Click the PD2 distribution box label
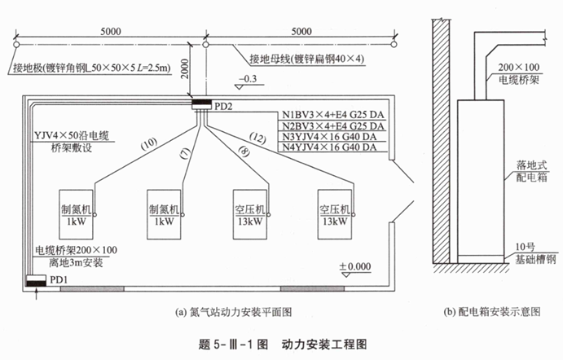(x=223, y=106)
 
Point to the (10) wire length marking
(x=149, y=143)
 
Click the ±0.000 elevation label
(x=353, y=266)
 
